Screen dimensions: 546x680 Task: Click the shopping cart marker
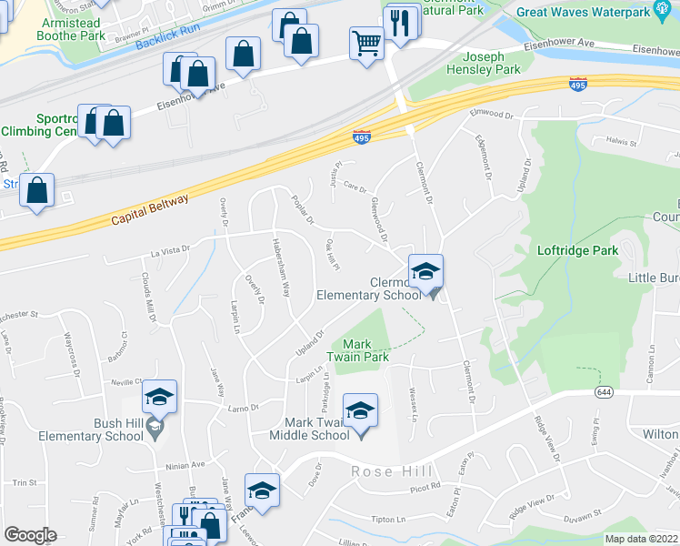[366, 41]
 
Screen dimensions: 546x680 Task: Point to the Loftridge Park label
[578, 250]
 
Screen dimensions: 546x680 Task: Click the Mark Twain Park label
[365, 350]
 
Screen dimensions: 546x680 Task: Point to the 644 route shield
[604, 391]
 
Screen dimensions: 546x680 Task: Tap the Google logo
[30, 535]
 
